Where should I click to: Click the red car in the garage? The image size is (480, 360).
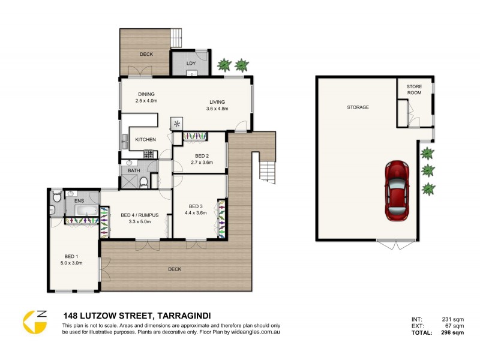click(x=397, y=190)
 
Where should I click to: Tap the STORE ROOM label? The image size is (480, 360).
click(x=414, y=89)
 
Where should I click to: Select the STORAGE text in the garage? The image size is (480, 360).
click(x=358, y=107)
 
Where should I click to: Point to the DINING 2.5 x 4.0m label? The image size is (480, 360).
click(x=146, y=98)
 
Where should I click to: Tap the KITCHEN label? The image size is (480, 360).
click(x=145, y=140)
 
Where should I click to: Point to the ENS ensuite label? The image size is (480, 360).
click(x=79, y=201)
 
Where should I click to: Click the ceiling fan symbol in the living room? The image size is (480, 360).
click(x=178, y=124)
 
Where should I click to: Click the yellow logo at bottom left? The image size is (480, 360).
click(x=35, y=322)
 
